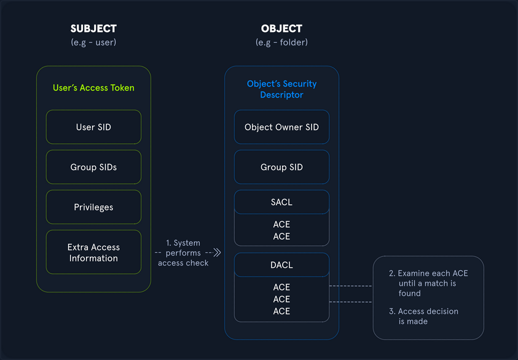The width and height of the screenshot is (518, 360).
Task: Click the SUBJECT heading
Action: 93,29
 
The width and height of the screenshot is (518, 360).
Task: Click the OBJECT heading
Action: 281,29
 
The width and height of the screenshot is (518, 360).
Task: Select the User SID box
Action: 93,127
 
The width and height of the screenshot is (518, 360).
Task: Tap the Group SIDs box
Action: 93,167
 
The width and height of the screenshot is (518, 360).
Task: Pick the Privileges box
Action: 93,207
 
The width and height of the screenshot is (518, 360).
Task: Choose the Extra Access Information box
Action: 93,252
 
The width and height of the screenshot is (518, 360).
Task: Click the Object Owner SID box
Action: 281,127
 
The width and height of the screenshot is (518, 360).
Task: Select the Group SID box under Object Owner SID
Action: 281,167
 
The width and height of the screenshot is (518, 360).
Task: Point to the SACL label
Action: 281,202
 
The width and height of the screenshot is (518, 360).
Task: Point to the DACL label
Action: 281,265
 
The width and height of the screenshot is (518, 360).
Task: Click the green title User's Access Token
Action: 93,88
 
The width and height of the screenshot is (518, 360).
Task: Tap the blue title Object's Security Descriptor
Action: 281,89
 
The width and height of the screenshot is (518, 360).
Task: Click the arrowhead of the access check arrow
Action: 216,252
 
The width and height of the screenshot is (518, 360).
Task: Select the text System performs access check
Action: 183,252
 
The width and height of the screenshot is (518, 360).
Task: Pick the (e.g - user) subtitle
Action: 93,42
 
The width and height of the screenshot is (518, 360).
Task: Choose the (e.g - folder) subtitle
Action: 281,42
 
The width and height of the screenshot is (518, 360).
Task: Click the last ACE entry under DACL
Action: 281,311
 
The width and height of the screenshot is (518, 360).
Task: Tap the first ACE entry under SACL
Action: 281,225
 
